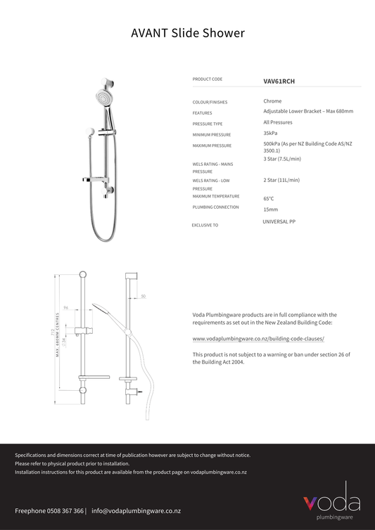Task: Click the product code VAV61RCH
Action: [x=279, y=81]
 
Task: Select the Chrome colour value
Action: [x=272, y=101]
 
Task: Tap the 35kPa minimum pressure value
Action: [x=270, y=133]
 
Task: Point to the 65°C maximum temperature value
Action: [x=269, y=198]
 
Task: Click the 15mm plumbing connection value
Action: [x=270, y=209]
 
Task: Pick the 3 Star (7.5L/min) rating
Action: [x=282, y=159]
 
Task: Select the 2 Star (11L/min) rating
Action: [x=281, y=180]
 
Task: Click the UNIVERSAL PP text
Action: [x=279, y=221]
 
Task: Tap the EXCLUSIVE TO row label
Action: [x=205, y=226]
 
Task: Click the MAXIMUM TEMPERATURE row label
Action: [x=216, y=196]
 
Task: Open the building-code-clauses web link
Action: [x=258, y=338]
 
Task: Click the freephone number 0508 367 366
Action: [x=60, y=511]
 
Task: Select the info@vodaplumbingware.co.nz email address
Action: [x=136, y=511]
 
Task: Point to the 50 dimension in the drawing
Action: [x=144, y=296]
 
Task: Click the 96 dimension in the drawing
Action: [x=65, y=308]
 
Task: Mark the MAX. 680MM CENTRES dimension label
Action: [x=57, y=335]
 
